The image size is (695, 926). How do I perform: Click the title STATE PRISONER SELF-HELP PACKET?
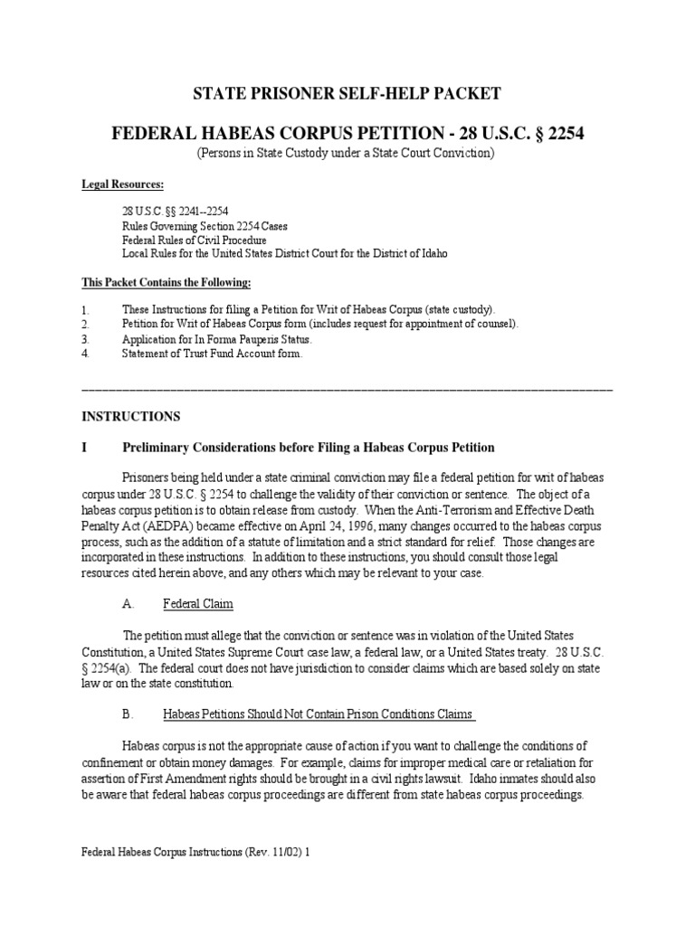[347, 93]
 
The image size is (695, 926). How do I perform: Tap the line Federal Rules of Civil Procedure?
[194, 241]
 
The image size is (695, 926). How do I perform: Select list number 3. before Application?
[86, 339]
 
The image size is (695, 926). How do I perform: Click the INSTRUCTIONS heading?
[131, 417]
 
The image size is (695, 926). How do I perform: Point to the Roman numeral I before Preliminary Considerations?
[84, 448]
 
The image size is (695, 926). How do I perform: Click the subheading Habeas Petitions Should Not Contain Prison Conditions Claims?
[319, 713]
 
